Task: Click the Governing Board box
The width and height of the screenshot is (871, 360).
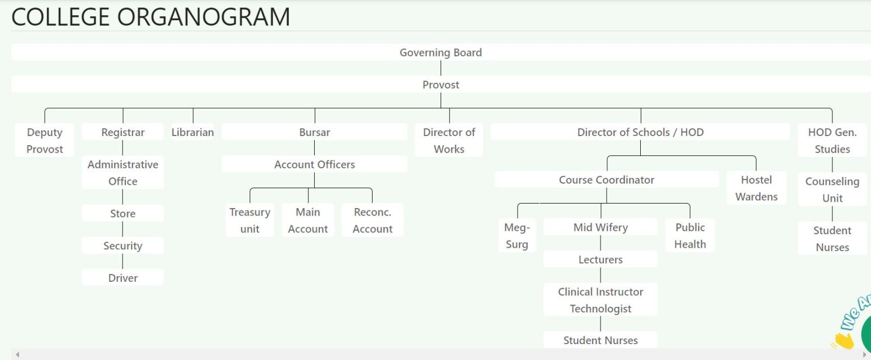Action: coord(441,53)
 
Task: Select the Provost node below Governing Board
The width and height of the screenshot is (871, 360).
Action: coord(441,84)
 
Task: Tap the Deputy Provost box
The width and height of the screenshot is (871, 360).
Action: coord(44,141)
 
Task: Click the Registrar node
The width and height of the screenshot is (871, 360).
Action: coord(123,132)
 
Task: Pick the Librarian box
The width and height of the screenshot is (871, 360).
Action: coord(193,132)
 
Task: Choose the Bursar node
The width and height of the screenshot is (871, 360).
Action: coord(315,132)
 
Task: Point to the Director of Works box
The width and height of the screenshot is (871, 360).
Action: coord(449,141)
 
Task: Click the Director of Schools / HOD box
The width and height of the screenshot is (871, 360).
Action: coord(640,132)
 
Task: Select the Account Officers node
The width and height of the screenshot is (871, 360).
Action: coord(315,164)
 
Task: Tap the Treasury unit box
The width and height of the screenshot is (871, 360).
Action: coord(250,221)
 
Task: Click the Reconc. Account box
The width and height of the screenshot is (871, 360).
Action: coord(373,221)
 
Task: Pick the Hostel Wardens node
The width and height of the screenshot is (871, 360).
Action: coord(756,188)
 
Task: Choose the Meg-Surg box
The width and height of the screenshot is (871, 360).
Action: coord(517,236)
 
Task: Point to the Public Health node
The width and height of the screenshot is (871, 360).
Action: coord(690,236)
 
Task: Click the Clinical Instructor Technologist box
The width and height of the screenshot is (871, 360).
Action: coord(601,300)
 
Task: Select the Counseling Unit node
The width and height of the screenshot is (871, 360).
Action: coord(832,190)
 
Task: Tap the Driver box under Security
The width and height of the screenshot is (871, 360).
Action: coord(123,278)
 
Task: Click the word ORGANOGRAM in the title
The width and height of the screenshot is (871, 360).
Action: coord(204,17)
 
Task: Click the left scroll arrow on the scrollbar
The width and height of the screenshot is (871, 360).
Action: coord(18,354)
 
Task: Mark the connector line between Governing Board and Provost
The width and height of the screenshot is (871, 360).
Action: coord(441,68)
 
